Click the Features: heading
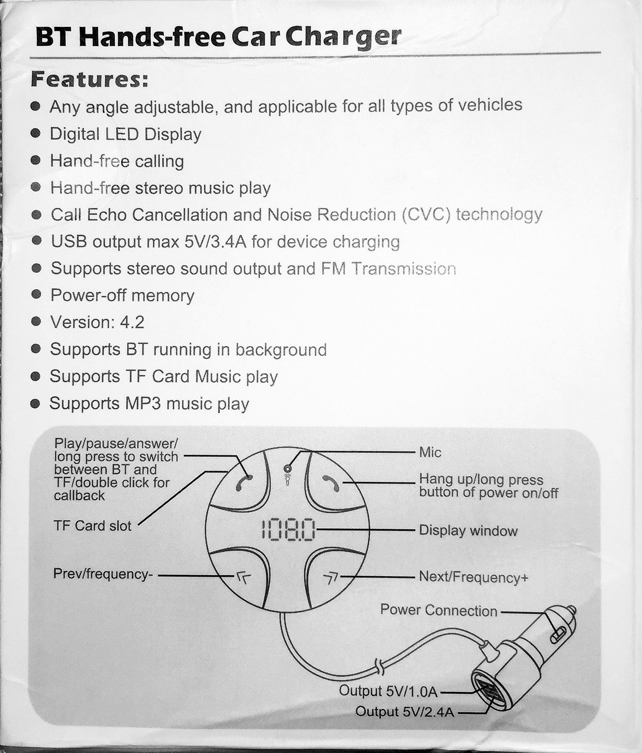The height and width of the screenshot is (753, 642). click(x=89, y=80)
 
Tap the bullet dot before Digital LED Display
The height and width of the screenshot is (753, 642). click(x=36, y=134)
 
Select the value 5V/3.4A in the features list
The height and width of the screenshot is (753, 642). click(x=215, y=242)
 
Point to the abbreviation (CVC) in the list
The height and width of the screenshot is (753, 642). click(x=426, y=214)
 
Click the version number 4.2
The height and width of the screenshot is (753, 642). click(x=132, y=322)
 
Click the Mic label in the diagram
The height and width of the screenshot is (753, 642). click(x=430, y=452)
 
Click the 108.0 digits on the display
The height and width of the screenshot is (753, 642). click(x=288, y=530)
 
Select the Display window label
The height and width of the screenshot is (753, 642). click(x=468, y=531)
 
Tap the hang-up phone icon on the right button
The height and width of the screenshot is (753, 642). click(x=331, y=483)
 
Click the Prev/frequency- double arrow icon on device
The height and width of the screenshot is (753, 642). click(x=243, y=578)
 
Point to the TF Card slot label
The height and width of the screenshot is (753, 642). click(x=92, y=526)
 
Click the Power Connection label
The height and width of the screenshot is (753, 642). click(x=438, y=610)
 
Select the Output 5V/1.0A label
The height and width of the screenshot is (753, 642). click(x=388, y=691)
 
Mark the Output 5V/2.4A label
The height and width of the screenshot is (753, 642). click(x=404, y=712)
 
